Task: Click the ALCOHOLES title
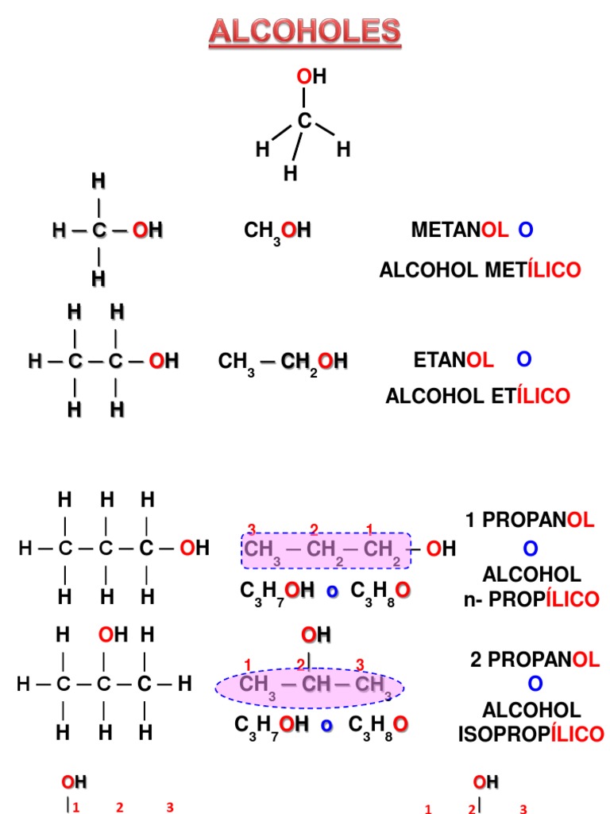pos(305,32)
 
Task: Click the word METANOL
pos(459,231)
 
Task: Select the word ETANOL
pos(454,360)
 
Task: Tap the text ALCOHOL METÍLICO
pos(480,270)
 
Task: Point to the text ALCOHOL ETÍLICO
pos(477,396)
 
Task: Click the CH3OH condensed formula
pos(276,231)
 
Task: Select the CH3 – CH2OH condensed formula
pos(283,362)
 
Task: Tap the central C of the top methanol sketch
pos(304,121)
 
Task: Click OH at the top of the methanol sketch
pos(311,77)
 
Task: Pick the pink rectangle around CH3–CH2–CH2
pos(326,550)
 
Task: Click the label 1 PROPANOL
pos(529,521)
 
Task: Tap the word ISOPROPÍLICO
pos(531,734)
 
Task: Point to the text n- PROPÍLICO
pos(531,599)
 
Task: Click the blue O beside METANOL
pos(525,231)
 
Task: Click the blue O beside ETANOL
pos(523,360)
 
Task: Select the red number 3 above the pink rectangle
pos(252,529)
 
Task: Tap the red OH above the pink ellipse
pos(315,635)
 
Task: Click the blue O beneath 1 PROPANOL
pos(531,548)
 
